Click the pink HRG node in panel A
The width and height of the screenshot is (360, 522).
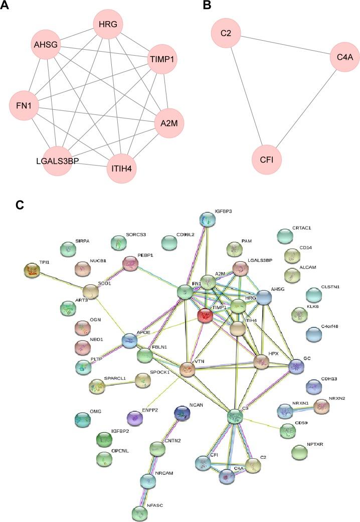point(109,25)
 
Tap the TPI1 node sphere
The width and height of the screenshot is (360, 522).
point(33,271)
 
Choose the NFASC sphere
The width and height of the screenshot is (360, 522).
point(140,512)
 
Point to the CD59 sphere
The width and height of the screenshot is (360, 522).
point(288,430)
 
